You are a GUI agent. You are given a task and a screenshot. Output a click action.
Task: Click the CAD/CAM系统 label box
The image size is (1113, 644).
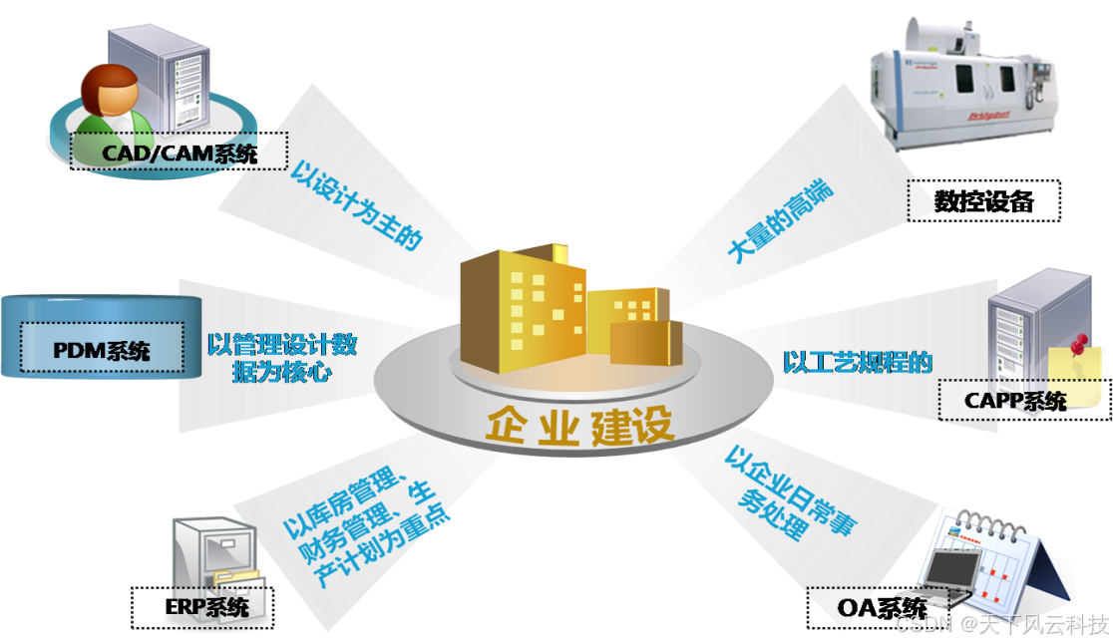(x=180, y=154)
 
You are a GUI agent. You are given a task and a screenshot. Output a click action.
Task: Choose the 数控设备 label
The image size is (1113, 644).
(x=982, y=200)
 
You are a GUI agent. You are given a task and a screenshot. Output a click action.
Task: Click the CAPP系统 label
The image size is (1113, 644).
(x=1015, y=401)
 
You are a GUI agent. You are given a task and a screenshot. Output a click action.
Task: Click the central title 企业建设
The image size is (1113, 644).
(x=579, y=426)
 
